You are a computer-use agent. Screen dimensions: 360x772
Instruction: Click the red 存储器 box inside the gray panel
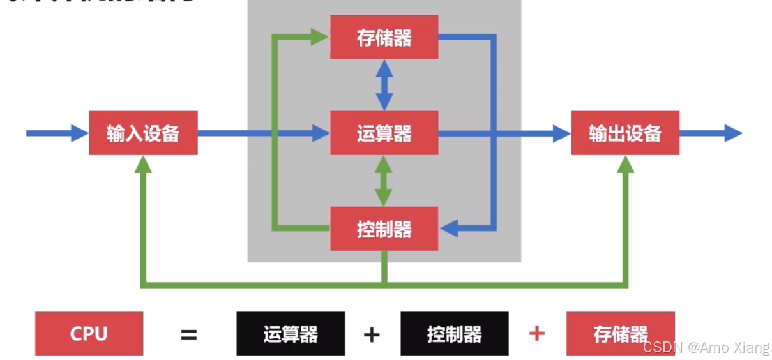click(x=384, y=38)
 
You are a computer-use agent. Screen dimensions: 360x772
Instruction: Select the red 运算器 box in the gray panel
click(x=384, y=133)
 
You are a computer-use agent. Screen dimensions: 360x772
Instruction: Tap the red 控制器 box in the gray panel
click(x=384, y=229)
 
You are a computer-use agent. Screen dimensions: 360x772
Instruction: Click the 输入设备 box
click(x=143, y=133)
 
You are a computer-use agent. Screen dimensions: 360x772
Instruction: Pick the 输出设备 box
click(x=624, y=133)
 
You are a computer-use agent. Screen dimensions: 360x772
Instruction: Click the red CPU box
click(x=89, y=333)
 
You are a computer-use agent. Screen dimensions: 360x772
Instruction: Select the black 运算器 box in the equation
click(x=290, y=333)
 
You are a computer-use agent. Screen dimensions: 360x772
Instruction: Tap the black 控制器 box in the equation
click(x=454, y=333)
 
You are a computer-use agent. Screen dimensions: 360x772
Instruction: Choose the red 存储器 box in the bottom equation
click(x=620, y=333)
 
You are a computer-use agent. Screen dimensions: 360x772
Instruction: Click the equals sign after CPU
click(x=189, y=334)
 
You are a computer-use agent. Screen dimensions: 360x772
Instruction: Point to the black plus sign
click(x=372, y=334)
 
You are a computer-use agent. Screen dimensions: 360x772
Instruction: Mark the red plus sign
click(x=537, y=333)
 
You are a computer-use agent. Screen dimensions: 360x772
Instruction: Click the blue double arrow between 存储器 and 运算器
click(x=384, y=85)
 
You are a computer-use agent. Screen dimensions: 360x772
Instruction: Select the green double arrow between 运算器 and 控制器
click(x=384, y=181)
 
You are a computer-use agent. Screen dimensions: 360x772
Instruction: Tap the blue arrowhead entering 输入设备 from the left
click(x=80, y=133)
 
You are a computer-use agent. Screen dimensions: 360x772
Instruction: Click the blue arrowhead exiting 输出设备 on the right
click(x=733, y=133)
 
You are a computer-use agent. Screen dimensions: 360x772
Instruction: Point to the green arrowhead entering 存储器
click(x=320, y=37)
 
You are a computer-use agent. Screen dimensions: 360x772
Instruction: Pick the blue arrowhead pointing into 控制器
click(x=450, y=228)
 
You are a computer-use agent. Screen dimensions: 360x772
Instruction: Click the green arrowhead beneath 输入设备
click(x=144, y=165)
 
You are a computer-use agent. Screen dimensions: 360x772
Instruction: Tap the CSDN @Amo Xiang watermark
click(x=706, y=348)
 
